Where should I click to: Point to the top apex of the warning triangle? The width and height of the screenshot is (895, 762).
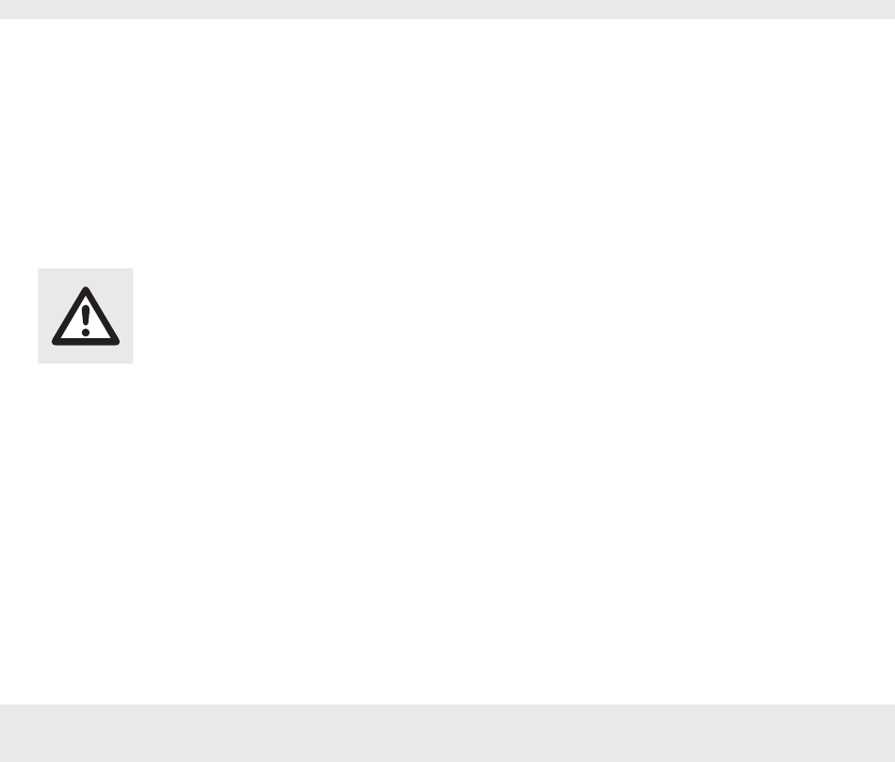[86, 286]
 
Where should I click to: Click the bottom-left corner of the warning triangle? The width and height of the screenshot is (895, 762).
[54, 339]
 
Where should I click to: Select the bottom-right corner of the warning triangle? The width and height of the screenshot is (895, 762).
[118, 339]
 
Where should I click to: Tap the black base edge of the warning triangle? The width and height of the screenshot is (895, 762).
[86, 339]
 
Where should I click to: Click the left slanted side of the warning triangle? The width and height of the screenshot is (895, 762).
[69, 314]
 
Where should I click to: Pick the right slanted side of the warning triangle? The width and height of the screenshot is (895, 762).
[103, 314]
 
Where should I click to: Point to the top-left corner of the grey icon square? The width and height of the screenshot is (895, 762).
[39, 269]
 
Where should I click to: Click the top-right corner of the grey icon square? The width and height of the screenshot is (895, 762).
[133, 269]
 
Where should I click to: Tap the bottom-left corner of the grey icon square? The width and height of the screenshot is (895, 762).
[39, 363]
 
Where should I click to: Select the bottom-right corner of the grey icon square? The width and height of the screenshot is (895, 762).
[133, 363]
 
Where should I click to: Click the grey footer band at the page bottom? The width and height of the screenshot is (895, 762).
[447, 733]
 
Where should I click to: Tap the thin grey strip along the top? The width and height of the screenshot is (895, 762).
[447, 9]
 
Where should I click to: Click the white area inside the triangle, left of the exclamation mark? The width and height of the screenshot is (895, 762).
[74, 327]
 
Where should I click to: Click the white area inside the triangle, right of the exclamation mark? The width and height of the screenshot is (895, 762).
[97, 327]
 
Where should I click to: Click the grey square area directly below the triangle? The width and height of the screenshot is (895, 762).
[86, 353]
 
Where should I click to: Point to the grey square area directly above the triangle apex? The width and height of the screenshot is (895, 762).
[86, 277]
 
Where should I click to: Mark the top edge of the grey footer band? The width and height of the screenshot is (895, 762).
[447, 704]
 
